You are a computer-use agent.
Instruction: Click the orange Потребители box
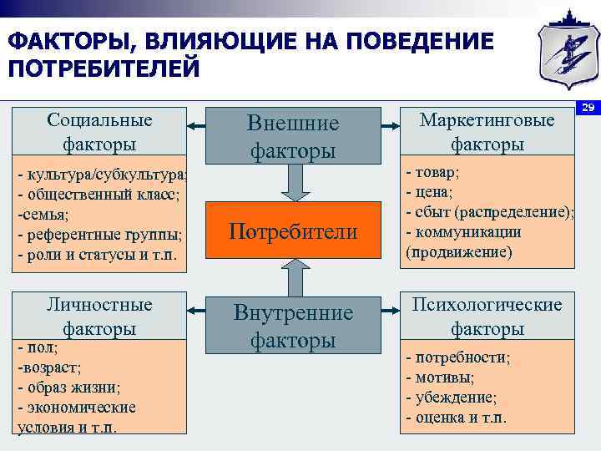click(293, 231)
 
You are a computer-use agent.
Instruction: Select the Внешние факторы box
click(293, 136)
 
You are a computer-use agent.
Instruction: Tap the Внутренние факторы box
click(293, 326)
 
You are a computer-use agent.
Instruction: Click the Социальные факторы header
click(100, 131)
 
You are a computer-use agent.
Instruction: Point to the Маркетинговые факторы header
click(487, 131)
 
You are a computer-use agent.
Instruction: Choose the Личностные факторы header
click(100, 316)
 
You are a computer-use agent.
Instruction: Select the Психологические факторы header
click(487, 316)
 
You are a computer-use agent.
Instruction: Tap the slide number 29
click(588, 108)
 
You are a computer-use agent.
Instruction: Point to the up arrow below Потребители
click(293, 276)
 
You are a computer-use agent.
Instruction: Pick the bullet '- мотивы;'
click(438, 377)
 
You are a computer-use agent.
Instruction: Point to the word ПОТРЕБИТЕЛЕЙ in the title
click(104, 68)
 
